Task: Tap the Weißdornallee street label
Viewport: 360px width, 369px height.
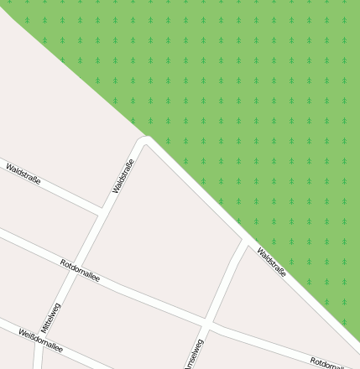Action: coord(40,340)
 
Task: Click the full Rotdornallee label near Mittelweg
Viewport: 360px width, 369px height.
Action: coord(81,270)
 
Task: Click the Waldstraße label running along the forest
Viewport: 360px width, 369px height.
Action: coord(272,262)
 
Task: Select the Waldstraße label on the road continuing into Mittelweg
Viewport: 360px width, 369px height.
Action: coord(123,176)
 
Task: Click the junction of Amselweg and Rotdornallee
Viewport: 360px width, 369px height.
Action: coord(206,324)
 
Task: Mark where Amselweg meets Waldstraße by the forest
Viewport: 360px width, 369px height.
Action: coord(244,244)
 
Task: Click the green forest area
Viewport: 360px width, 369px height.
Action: coord(252,101)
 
